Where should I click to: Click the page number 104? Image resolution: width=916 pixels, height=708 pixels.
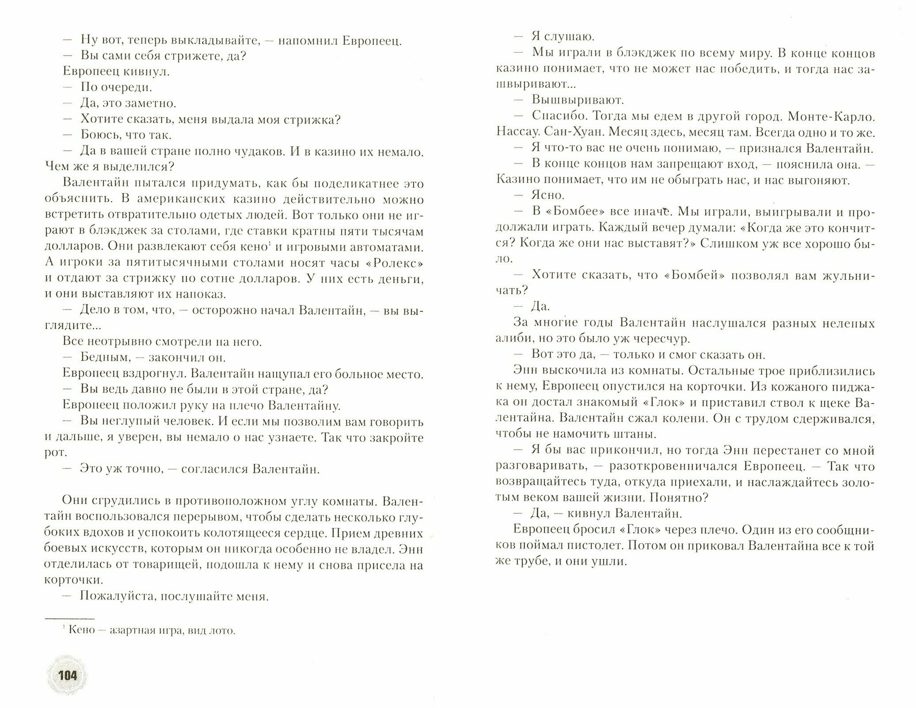coord(67,675)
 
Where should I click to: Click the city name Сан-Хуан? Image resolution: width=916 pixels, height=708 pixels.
coord(562,132)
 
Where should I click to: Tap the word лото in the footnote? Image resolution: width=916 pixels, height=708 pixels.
coord(219,631)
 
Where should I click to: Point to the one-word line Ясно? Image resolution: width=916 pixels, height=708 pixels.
coord(547,196)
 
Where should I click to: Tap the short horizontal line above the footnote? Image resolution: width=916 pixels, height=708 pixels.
coord(69,618)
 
